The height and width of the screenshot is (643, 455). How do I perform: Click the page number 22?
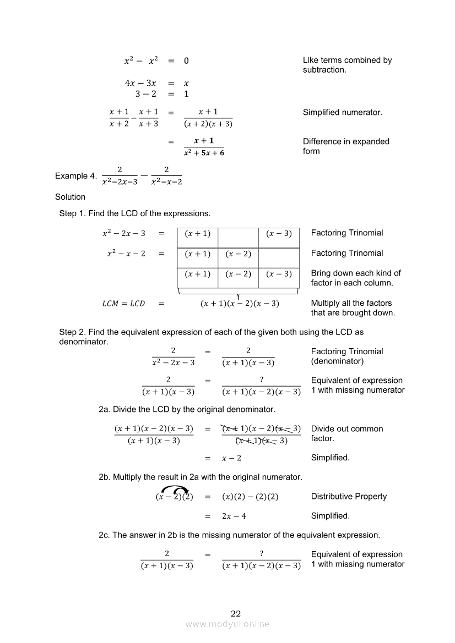click(x=236, y=614)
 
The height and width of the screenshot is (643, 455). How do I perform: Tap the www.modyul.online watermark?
click(x=227, y=624)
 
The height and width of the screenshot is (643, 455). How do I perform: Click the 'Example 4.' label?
click(x=75, y=176)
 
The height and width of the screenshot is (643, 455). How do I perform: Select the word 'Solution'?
click(x=70, y=197)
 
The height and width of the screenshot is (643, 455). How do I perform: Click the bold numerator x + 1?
click(x=204, y=141)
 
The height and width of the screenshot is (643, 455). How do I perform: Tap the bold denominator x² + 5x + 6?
click(x=204, y=152)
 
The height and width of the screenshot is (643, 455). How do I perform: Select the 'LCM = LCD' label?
click(x=124, y=304)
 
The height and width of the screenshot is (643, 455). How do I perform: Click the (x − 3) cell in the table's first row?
click(x=279, y=234)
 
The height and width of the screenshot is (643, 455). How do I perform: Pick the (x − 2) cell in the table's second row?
click(x=238, y=254)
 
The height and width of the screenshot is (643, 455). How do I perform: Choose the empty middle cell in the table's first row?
click(x=238, y=234)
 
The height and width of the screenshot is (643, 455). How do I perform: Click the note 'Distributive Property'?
click(x=349, y=496)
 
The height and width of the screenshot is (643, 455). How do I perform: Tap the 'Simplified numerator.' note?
click(x=342, y=112)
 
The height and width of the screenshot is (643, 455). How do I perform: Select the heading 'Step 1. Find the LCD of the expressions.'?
click(x=135, y=213)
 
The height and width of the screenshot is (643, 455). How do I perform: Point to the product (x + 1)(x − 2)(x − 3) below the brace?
click(x=240, y=304)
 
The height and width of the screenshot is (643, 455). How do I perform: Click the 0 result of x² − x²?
click(x=186, y=61)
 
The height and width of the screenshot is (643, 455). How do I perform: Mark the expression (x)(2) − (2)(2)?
click(x=250, y=497)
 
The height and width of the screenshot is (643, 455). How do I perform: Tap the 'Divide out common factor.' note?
click(x=347, y=433)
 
